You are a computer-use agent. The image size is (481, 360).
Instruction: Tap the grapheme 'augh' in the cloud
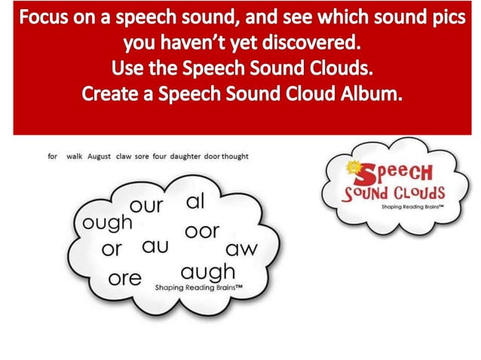(x=208, y=271)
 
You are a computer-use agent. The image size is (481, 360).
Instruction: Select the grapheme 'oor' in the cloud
(x=201, y=230)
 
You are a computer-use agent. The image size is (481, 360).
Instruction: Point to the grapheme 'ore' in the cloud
(x=124, y=278)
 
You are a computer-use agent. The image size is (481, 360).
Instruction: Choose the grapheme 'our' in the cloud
(x=146, y=206)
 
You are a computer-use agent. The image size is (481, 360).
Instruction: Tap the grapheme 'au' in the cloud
(x=155, y=246)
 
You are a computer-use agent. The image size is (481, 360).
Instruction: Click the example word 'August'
(x=99, y=157)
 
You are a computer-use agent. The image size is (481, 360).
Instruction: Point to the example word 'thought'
(x=236, y=157)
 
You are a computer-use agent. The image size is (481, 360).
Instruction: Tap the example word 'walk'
(x=74, y=157)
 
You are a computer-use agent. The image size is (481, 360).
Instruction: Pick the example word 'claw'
(x=124, y=157)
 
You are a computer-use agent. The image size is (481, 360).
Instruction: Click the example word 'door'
(x=211, y=157)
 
